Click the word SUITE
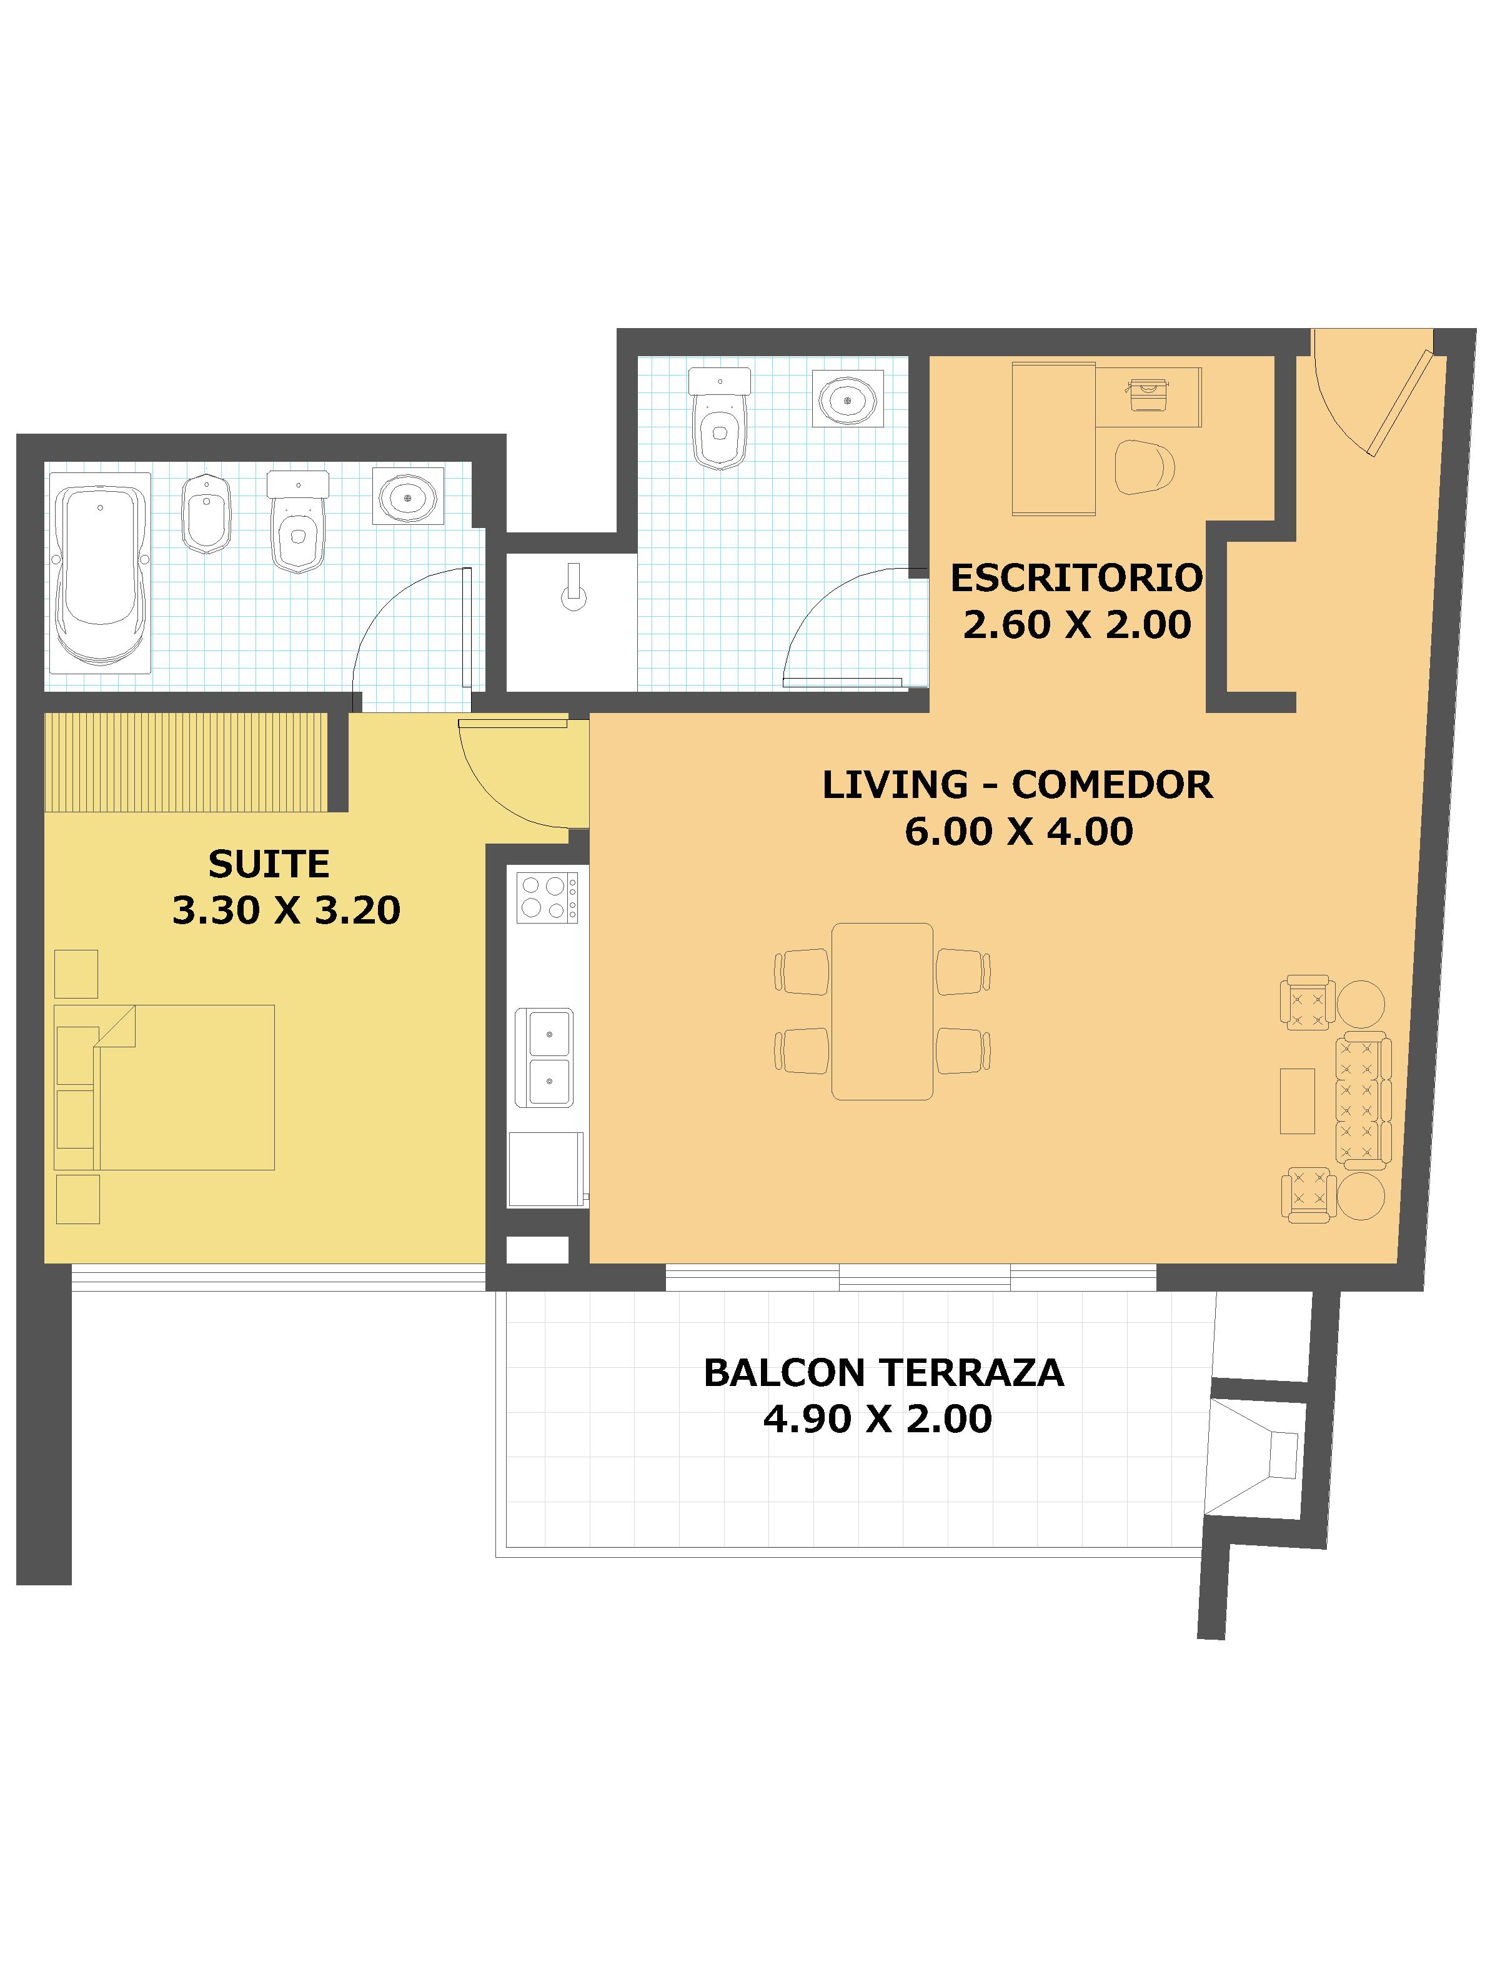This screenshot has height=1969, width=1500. (x=269, y=864)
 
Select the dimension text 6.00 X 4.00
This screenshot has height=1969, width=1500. (x=1019, y=831)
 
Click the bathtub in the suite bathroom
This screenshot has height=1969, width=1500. (x=100, y=572)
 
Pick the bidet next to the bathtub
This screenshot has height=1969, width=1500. (x=206, y=514)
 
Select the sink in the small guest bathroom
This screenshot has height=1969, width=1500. (x=847, y=398)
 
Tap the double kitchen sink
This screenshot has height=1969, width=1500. (x=545, y=1058)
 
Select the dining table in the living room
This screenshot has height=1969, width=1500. (x=882, y=1011)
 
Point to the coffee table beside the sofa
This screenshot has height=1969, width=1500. (x=1298, y=1101)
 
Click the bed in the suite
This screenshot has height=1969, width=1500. (x=164, y=1087)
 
